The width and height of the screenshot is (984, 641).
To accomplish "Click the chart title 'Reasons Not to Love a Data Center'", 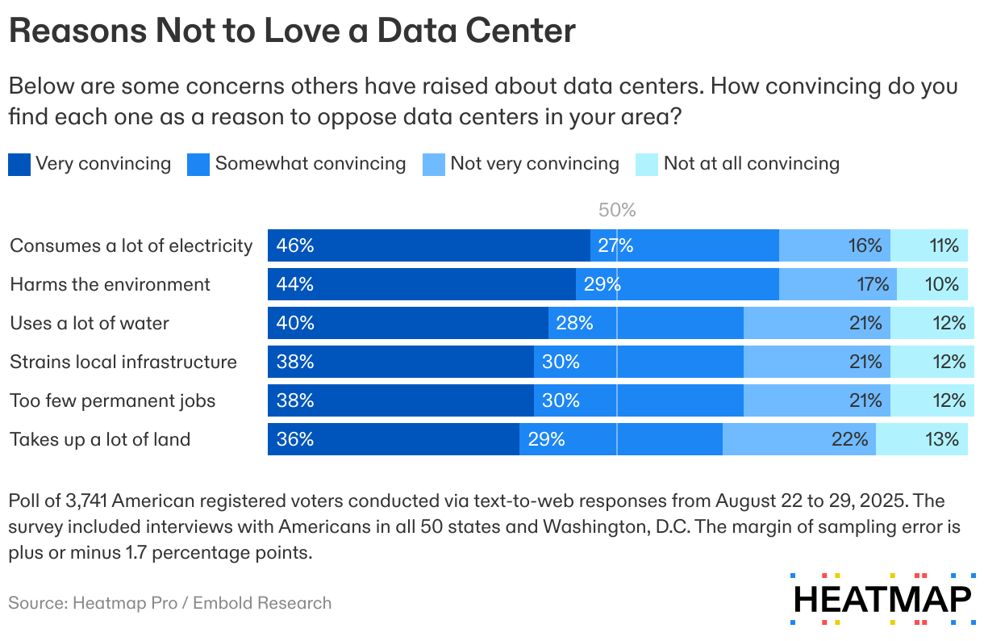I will pyautogui.click(x=292, y=31).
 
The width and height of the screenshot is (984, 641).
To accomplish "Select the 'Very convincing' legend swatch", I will pyautogui.click(x=19, y=165).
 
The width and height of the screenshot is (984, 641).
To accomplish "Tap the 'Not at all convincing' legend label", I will pyautogui.click(x=751, y=164).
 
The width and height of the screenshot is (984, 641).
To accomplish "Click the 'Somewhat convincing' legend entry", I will pyautogui.click(x=310, y=164).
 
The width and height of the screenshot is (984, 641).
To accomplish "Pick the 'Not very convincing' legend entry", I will pyautogui.click(x=534, y=164).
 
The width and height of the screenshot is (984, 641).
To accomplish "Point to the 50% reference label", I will pyautogui.click(x=617, y=211).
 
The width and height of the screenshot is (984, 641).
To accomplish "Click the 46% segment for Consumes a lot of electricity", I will pyautogui.click(x=428, y=245).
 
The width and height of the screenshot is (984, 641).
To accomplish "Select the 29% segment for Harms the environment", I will pyautogui.click(x=677, y=284).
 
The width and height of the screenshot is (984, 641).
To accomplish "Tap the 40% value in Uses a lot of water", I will pyautogui.click(x=295, y=323).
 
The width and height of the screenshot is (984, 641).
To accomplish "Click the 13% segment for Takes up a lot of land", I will pyautogui.click(x=921, y=439).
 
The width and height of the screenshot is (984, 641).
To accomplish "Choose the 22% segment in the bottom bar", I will pyautogui.click(x=798, y=439).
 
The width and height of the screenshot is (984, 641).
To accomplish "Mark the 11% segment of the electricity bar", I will pyautogui.click(x=929, y=245).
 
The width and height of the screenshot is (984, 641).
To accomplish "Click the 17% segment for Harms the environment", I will pyautogui.click(x=837, y=284).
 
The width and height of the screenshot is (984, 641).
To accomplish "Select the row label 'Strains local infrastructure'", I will pyautogui.click(x=123, y=362).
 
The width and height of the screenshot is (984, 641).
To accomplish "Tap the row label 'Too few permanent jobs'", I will pyautogui.click(x=113, y=400).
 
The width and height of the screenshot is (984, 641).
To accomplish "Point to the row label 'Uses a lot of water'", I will pyautogui.click(x=90, y=323).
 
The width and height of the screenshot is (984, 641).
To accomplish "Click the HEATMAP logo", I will pyautogui.click(x=882, y=599).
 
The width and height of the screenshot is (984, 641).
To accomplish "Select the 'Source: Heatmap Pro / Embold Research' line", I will pyautogui.click(x=170, y=603).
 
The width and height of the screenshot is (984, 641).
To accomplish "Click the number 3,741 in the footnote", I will pyautogui.click(x=83, y=501).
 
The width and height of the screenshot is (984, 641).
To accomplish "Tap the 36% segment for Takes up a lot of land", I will pyautogui.click(x=393, y=439).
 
